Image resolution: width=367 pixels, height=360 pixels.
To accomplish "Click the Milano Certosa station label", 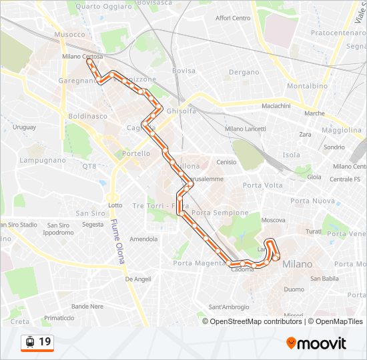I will (82, 57).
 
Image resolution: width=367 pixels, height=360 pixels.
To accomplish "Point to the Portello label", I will (136, 153).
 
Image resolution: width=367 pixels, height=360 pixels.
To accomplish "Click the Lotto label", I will (115, 205).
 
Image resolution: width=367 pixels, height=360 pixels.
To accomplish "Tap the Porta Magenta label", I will (200, 263).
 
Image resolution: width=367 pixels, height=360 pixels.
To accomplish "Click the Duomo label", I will (294, 289).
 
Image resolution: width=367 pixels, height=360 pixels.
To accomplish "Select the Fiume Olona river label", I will (118, 241).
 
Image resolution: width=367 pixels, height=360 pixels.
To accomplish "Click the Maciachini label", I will (276, 106).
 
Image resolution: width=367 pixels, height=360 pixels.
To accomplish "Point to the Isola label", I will (292, 155).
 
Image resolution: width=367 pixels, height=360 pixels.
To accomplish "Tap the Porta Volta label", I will (263, 185).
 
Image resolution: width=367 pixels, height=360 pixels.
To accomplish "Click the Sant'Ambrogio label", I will (229, 307).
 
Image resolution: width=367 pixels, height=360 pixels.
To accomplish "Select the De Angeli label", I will (139, 279).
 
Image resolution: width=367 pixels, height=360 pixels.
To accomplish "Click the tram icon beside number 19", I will (29, 342).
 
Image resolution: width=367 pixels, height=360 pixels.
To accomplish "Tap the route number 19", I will (45, 342).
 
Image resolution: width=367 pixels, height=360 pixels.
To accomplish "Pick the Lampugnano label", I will (43, 160).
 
